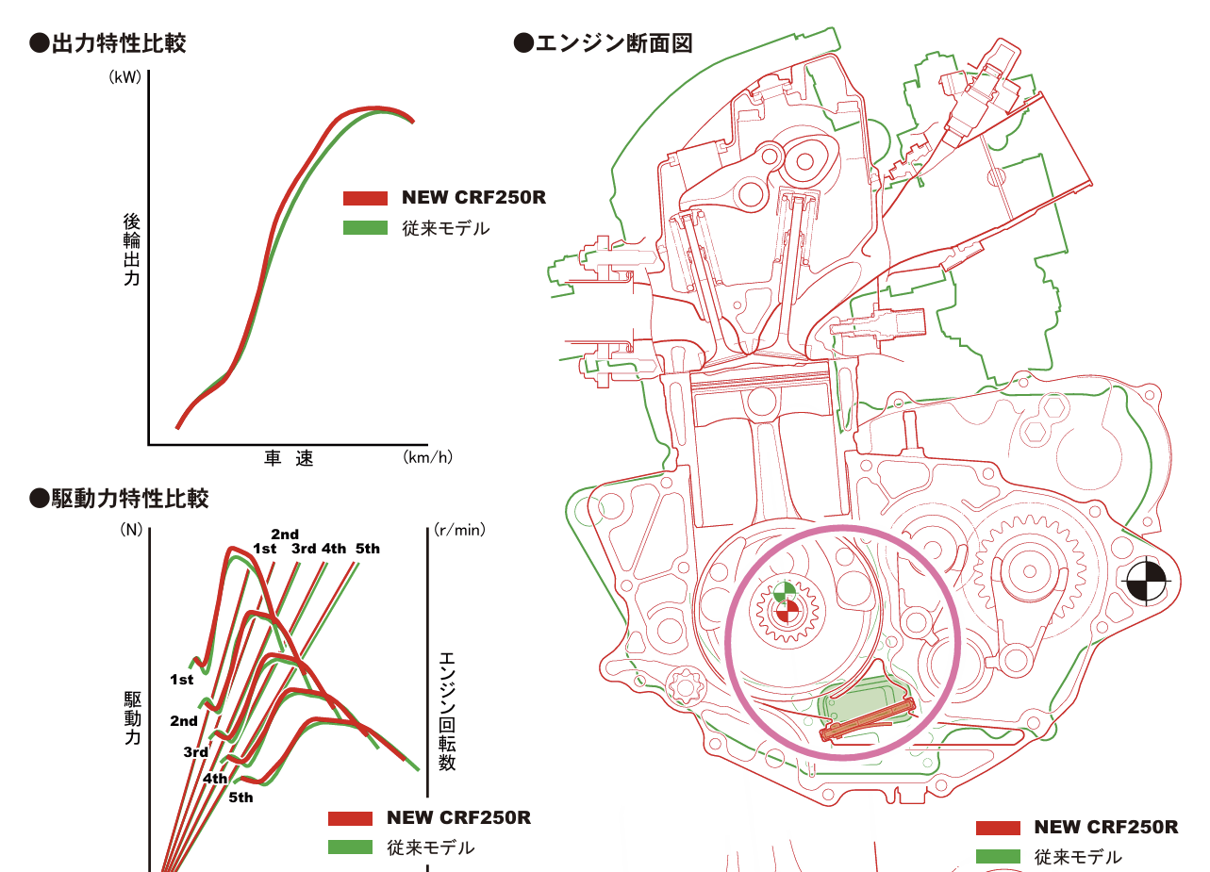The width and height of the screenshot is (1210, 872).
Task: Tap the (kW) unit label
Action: tap(124, 77)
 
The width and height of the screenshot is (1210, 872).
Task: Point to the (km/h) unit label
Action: tap(428, 457)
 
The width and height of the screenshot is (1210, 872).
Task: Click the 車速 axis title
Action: tap(289, 458)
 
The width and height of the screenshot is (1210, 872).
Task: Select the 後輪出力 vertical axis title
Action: tap(132, 250)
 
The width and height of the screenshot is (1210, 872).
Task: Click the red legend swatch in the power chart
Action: tap(365, 198)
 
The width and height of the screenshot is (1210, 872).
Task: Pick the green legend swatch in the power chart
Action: tap(365, 228)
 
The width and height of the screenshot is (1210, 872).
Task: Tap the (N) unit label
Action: tap(131, 530)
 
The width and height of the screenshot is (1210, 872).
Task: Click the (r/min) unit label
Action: tap(459, 530)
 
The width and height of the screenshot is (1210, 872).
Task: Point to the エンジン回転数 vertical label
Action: tap(447, 711)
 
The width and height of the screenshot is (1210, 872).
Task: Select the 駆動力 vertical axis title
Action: tap(133, 718)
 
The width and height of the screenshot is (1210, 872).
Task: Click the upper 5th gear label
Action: tap(367, 549)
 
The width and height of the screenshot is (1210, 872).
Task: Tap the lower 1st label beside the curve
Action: tap(181, 680)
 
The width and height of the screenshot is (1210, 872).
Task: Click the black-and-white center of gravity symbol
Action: tap(1146, 582)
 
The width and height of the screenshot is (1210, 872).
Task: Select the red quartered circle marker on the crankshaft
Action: tap(787, 613)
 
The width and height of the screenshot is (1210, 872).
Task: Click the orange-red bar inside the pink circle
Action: tap(868, 719)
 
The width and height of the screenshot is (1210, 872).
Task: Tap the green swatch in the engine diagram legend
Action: tap(998, 857)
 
